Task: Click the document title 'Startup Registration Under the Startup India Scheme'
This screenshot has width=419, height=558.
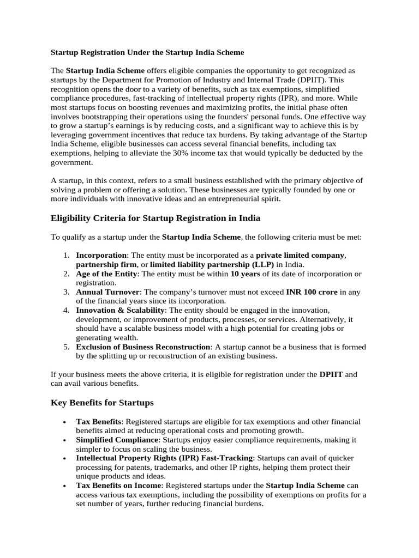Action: [x=147, y=53]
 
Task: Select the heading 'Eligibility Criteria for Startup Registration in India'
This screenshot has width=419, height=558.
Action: [x=155, y=218]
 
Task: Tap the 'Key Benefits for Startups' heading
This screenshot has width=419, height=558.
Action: [x=102, y=403]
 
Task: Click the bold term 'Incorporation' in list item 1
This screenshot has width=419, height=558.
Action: [x=101, y=255]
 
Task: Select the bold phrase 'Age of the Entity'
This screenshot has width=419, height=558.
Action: [x=107, y=274]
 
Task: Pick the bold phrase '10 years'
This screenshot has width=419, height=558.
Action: [x=245, y=274]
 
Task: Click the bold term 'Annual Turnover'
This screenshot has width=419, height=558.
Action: [x=108, y=292]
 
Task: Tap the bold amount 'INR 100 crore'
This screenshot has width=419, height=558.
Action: [x=312, y=292]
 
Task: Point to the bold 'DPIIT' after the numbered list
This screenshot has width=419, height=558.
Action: [x=331, y=374]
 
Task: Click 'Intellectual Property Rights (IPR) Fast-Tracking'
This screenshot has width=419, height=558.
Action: [x=164, y=458]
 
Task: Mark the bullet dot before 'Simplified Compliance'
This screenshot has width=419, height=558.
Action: [x=65, y=440]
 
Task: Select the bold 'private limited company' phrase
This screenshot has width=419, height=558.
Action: [x=301, y=255]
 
